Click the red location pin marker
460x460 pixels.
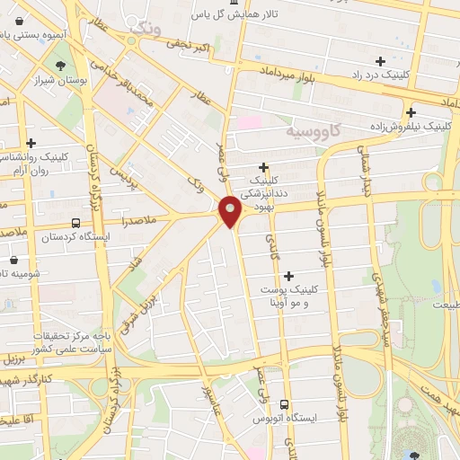coord(230,212)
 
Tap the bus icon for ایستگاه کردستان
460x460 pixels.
coord(75,222)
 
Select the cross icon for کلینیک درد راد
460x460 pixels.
coord(381,61)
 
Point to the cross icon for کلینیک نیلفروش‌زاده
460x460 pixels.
coord(411,112)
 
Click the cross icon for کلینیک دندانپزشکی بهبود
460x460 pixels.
coord(263,167)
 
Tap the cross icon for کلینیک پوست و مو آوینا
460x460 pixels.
coord(288,276)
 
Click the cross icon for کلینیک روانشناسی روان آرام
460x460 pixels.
coord(31,142)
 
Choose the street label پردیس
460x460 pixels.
coord(122,167)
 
